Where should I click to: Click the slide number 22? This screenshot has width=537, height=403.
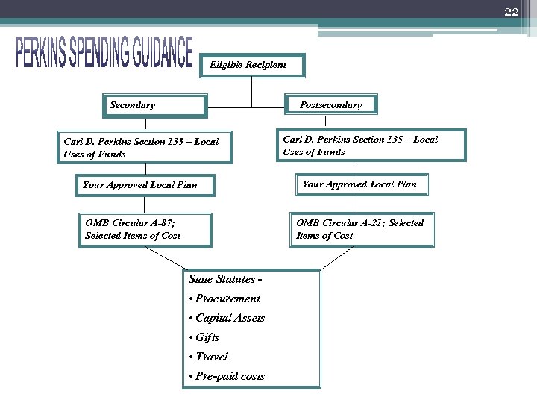pos(511,11)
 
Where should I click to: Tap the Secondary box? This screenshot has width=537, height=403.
pos(154,106)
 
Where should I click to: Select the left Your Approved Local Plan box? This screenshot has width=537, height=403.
pos(146,184)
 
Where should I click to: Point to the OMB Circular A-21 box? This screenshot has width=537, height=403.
pos(362,229)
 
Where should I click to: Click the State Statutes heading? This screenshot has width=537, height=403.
pos(223,280)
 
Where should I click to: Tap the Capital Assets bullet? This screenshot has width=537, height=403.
pos(227,318)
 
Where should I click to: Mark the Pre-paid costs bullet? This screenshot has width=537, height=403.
pos(227,376)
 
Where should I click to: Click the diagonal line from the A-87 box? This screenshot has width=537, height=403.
pos(164,258)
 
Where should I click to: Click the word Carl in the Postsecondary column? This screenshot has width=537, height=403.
pos(292,140)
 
